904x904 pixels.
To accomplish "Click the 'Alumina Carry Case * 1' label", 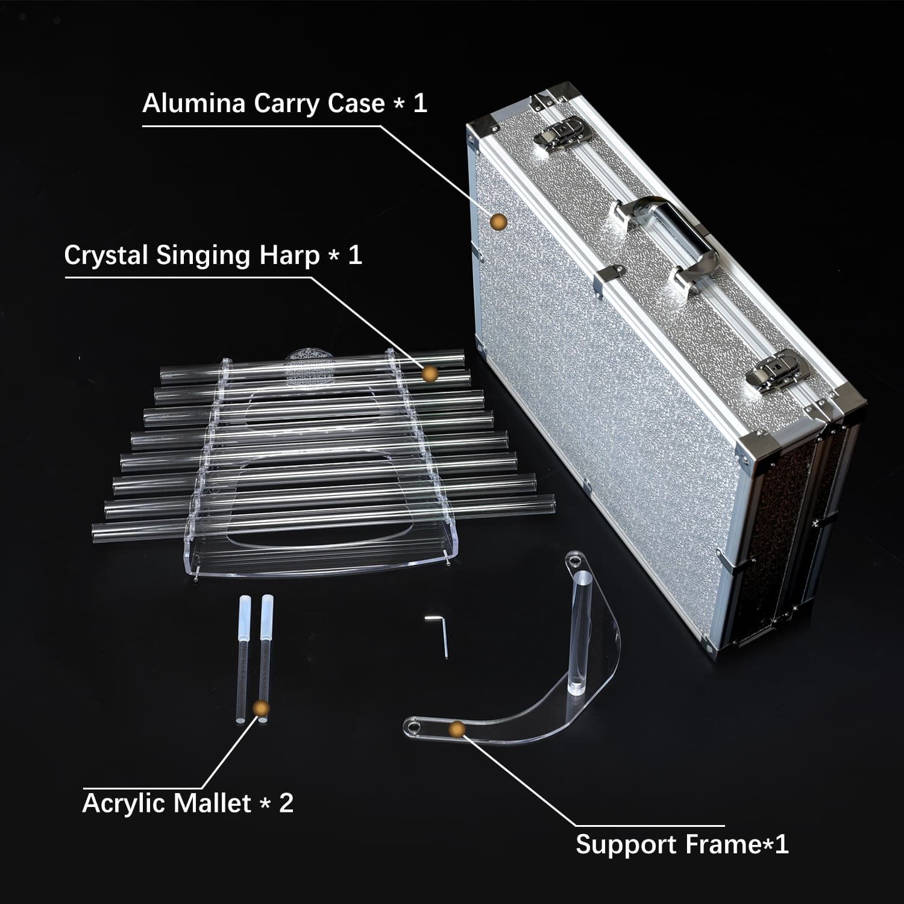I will [x=284, y=103].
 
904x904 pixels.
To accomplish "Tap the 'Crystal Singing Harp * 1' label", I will [x=213, y=255].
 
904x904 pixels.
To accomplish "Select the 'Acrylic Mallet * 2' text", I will [x=187, y=803].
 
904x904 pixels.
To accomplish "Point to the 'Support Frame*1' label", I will [x=682, y=844].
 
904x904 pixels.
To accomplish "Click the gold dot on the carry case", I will [x=498, y=222].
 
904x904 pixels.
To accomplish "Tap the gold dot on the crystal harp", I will [x=429, y=374].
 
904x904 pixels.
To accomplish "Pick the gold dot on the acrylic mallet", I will [x=261, y=708].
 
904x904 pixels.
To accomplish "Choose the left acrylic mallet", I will [x=243, y=657].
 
